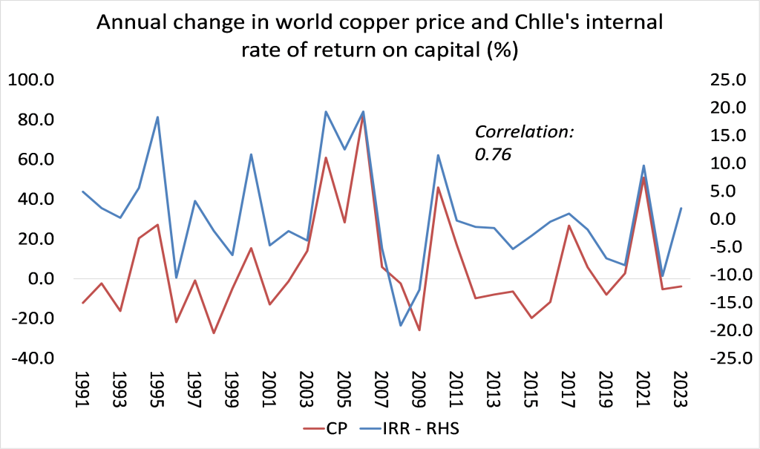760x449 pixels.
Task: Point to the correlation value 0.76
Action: (494, 154)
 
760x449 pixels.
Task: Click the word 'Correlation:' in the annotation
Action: (525, 132)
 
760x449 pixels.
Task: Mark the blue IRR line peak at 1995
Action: (157, 117)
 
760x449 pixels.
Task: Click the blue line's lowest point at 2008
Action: (401, 325)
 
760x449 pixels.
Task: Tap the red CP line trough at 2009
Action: (419, 330)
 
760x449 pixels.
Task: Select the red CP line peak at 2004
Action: (326, 157)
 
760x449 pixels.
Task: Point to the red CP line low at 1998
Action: (214, 332)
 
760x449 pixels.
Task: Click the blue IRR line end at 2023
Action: (681, 208)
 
